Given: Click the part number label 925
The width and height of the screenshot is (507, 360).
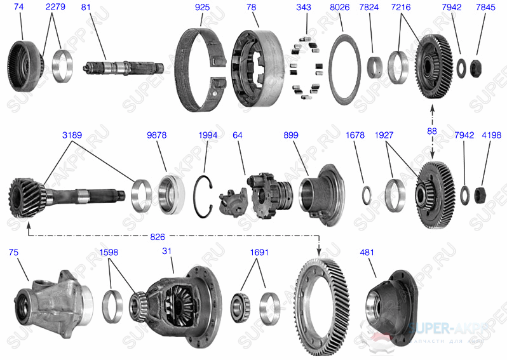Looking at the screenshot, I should pyautogui.click(x=202, y=8).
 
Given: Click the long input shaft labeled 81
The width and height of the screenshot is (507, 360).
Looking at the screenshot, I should pyautogui.click(x=118, y=67).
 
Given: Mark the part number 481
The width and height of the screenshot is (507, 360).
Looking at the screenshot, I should pyautogui.click(x=368, y=252).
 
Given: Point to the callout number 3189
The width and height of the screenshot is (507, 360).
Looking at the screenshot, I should pyautogui.click(x=72, y=135).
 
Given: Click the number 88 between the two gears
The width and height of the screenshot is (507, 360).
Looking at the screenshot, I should pyautogui.click(x=433, y=131).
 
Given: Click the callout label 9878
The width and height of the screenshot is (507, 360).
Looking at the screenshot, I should pyautogui.click(x=156, y=135).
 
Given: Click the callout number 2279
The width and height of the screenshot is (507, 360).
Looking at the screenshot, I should pyautogui.click(x=55, y=8).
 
